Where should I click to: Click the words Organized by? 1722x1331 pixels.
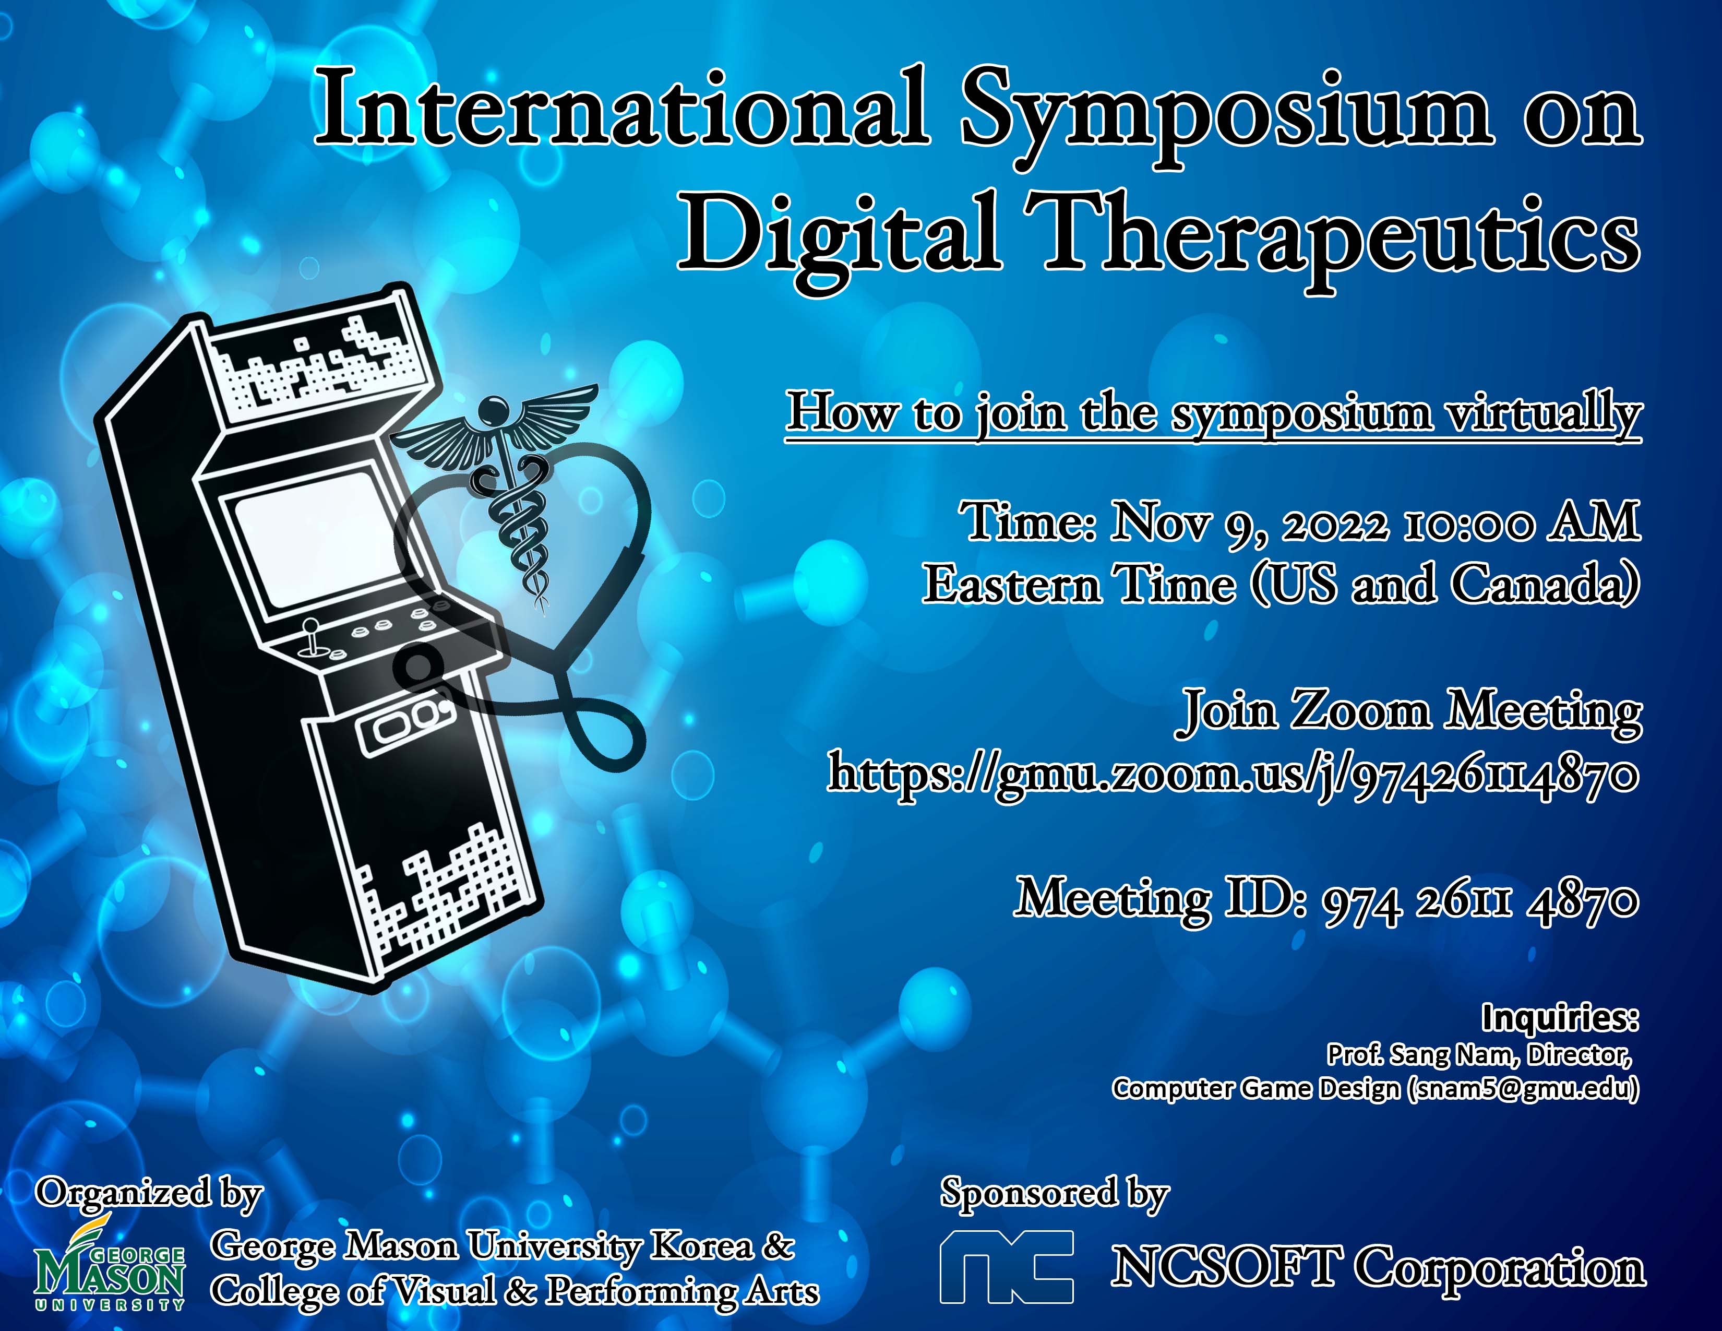click(148, 1194)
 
